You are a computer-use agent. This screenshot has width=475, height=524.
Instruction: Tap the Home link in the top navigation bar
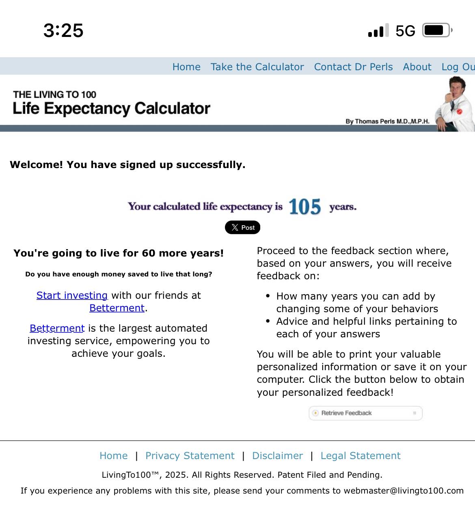click(186, 67)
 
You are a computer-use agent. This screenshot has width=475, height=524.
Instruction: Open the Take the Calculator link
click(257, 67)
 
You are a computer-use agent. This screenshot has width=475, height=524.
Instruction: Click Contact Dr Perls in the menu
click(353, 67)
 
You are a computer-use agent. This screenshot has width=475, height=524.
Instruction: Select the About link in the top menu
click(417, 67)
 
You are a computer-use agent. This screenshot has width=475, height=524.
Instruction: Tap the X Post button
click(243, 227)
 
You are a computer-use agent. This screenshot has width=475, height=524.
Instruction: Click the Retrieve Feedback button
click(365, 413)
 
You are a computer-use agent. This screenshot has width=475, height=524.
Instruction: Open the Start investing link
click(72, 295)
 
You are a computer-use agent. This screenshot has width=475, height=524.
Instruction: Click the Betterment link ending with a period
click(117, 308)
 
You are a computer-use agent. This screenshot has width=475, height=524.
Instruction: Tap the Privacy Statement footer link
click(190, 456)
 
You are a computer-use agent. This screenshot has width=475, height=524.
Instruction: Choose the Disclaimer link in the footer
click(277, 456)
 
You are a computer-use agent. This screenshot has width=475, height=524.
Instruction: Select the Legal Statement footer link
click(360, 456)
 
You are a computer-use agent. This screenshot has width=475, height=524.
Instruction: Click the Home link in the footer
click(114, 456)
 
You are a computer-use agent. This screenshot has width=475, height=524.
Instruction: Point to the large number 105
click(305, 207)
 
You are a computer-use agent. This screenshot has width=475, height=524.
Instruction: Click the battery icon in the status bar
click(436, 30)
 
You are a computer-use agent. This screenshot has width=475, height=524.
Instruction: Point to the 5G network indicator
click(405, 31)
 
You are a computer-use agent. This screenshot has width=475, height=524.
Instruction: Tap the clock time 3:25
click(63, 30)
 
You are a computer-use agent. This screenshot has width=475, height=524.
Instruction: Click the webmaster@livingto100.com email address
click(404, 491)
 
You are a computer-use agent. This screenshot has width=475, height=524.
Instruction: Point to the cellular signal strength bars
click(378, 31)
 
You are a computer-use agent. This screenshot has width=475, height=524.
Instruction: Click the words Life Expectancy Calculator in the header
click(112, 108)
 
